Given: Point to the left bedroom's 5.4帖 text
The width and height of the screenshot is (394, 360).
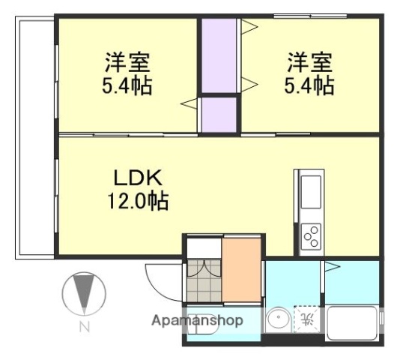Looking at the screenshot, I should click(x=127, y=85).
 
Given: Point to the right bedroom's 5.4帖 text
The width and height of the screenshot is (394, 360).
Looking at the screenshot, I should click(x=309, y=85).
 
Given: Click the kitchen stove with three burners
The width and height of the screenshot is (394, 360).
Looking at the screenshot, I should click(x=310, y=236).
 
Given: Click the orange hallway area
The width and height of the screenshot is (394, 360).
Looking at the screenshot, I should click(x=241, y=268).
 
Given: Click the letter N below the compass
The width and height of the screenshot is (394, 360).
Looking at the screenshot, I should click(x=84, y=327).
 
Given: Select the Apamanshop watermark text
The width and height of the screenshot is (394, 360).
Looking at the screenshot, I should click(x=198, y=321).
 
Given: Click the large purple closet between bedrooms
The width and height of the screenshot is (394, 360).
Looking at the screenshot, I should click(x=218, y=56).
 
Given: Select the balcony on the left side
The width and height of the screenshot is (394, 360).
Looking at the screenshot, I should click(x=34, y=139).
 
